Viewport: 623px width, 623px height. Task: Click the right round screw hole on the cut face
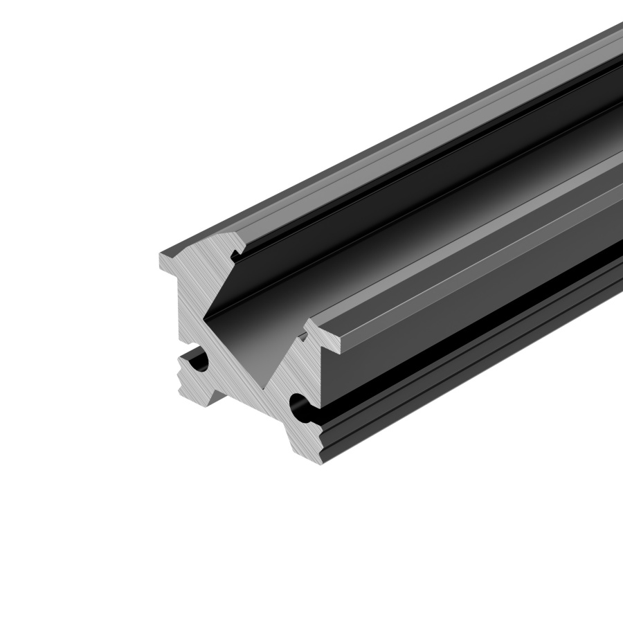click(300, 405)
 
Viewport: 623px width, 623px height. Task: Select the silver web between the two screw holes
click(249, 388)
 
